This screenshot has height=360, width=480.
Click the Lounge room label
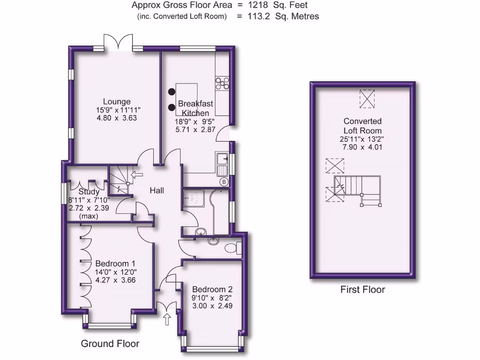click(x=117, y=102)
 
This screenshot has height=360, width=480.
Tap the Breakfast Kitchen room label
click(x=195, y=108)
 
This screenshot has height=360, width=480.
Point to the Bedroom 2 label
click(x=212, y=289)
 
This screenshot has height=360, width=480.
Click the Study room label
click(x=89, y=192)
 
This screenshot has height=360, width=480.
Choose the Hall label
click(x=157, y=191)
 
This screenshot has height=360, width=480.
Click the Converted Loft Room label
click(x=362, y=126)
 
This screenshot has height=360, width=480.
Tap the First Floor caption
click(x=362, y=290)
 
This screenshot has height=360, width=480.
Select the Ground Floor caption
click(x=110, y=344)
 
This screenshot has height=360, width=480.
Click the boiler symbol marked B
click(x=224, y=181)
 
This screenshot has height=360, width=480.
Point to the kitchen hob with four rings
click(x=222, y=83)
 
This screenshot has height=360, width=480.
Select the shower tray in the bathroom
click(x=194, y=199)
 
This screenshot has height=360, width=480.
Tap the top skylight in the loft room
click(x=367, y=98)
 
